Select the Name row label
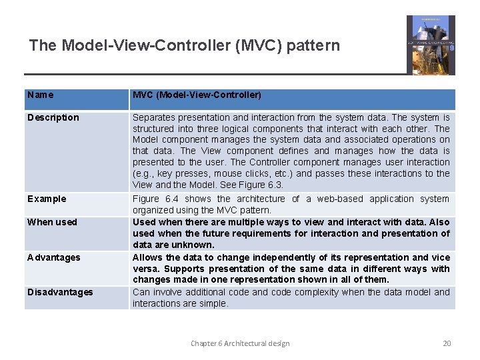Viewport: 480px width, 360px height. (x=41, y=95)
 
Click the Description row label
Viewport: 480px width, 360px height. (x=53, y=117)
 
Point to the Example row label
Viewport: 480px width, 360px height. (x=47, y=199)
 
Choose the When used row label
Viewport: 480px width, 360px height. (x=52, y=222)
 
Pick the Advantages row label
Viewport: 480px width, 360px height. (x=53, y=257)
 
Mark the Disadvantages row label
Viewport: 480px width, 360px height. (x=60, y=292)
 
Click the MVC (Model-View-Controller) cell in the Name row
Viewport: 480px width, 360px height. (x=197, y=95)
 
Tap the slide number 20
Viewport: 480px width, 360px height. (x=447, y=343)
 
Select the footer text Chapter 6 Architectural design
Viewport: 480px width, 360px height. (x=240, y=343)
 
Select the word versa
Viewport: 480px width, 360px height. (x=145, y=269)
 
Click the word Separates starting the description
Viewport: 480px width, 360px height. (x=155, y=117)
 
